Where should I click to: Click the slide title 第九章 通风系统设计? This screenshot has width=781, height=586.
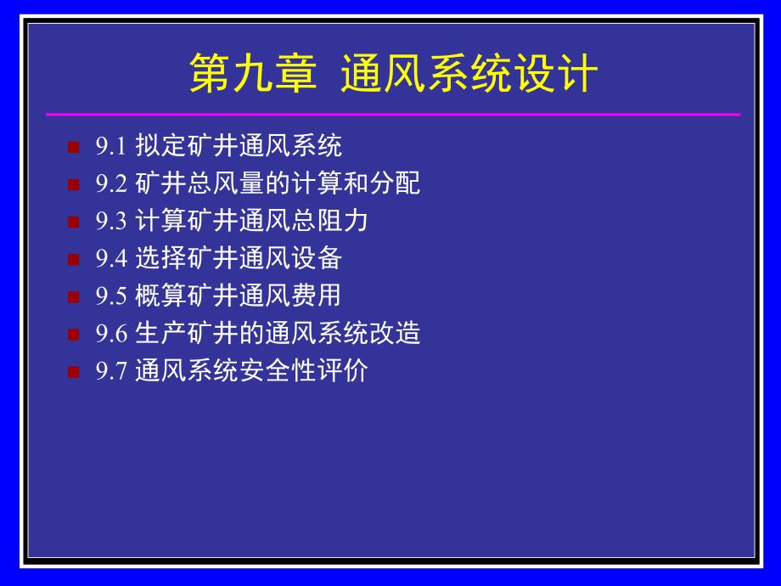pos(392,75)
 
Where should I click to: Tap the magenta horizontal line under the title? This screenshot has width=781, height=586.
pos(392,114)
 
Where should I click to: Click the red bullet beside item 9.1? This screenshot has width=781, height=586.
pos(73,146)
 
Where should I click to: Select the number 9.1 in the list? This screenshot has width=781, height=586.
pos(110,147)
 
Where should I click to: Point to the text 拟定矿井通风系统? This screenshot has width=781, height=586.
pos(239,146)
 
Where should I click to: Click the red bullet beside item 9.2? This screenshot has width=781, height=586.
pos(73,183)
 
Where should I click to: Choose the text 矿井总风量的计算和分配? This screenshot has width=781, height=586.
pos(278,183)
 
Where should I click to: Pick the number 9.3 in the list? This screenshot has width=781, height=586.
pos(110,222)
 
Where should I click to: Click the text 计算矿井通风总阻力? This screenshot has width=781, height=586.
pos(251,221)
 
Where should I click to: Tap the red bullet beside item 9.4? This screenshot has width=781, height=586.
pos(73,258)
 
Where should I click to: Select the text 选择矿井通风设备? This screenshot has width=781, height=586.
pos(239,258)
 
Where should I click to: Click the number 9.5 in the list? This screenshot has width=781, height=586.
pos(110,296)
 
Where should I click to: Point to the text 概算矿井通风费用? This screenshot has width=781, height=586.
pos(239,296)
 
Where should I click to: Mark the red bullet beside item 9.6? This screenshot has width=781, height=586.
pos(73,334)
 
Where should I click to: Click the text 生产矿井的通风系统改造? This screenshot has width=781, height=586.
pos(278,333)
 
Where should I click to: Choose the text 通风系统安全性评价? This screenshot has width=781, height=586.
pos(251,371)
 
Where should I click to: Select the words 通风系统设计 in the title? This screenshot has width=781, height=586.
pos(469,75)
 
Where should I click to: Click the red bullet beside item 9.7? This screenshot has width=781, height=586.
pos(73,371)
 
